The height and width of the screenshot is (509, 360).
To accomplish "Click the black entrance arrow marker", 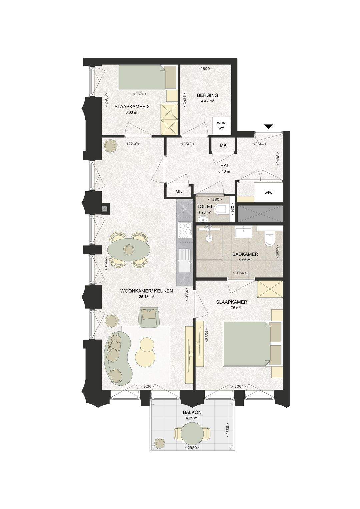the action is tap(269, 127).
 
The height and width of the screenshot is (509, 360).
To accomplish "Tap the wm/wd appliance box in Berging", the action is tap(220, 125).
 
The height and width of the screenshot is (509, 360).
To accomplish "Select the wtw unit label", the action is tap(268, 192).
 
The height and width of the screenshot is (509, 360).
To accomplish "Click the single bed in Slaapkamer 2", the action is tap(147, 77).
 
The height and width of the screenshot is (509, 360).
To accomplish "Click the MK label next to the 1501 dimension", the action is tap(223, 145).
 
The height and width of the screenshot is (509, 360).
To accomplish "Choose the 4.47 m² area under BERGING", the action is tap(208, 101).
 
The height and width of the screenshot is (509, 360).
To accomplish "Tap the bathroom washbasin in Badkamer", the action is tap(244, 232).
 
